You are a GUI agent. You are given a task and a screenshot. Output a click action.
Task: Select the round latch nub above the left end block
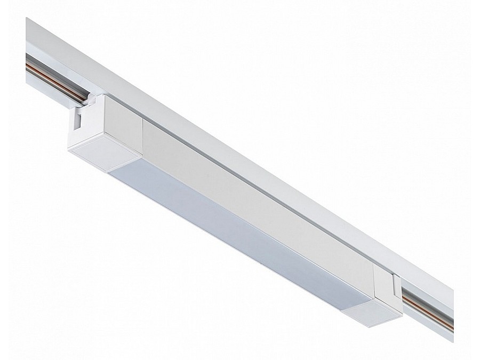[x=92, y=98]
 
